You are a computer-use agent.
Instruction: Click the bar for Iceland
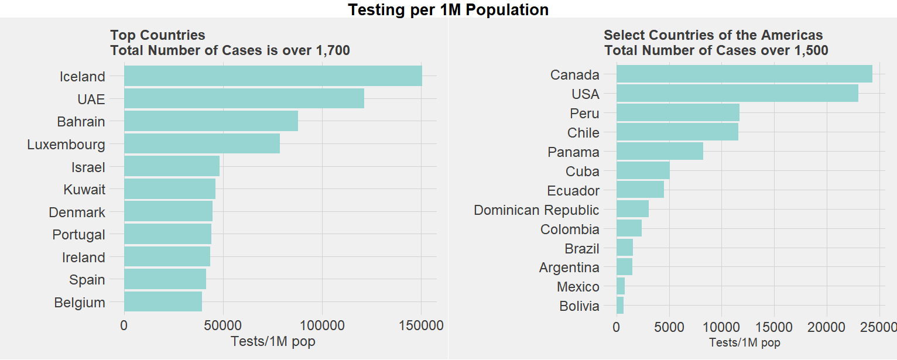pos(273,76)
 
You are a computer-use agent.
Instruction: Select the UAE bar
pos(244,98)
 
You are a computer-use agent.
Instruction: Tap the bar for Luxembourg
pos(201,144)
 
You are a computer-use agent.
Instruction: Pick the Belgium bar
pos(163,302)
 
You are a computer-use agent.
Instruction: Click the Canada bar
pos(744,74)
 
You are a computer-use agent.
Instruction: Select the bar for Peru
pos(677,113)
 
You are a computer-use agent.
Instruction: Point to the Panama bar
pos(659,152)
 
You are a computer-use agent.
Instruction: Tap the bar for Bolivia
pos(620,306)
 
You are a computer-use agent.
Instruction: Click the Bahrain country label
pos(81,122)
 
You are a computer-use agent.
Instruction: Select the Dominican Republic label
pos(536,210)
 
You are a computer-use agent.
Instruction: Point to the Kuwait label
pos(84,190)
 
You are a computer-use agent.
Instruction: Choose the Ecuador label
pos(573,190)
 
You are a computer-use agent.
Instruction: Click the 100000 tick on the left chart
pos(322,325)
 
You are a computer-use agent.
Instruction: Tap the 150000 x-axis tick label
pos(421,325)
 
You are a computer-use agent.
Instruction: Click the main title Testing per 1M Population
pos(448,9)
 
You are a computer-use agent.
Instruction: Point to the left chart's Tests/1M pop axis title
pos(273,341)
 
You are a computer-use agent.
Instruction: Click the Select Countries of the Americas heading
pos(713,35)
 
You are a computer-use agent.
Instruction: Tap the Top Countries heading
pos(158,35)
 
